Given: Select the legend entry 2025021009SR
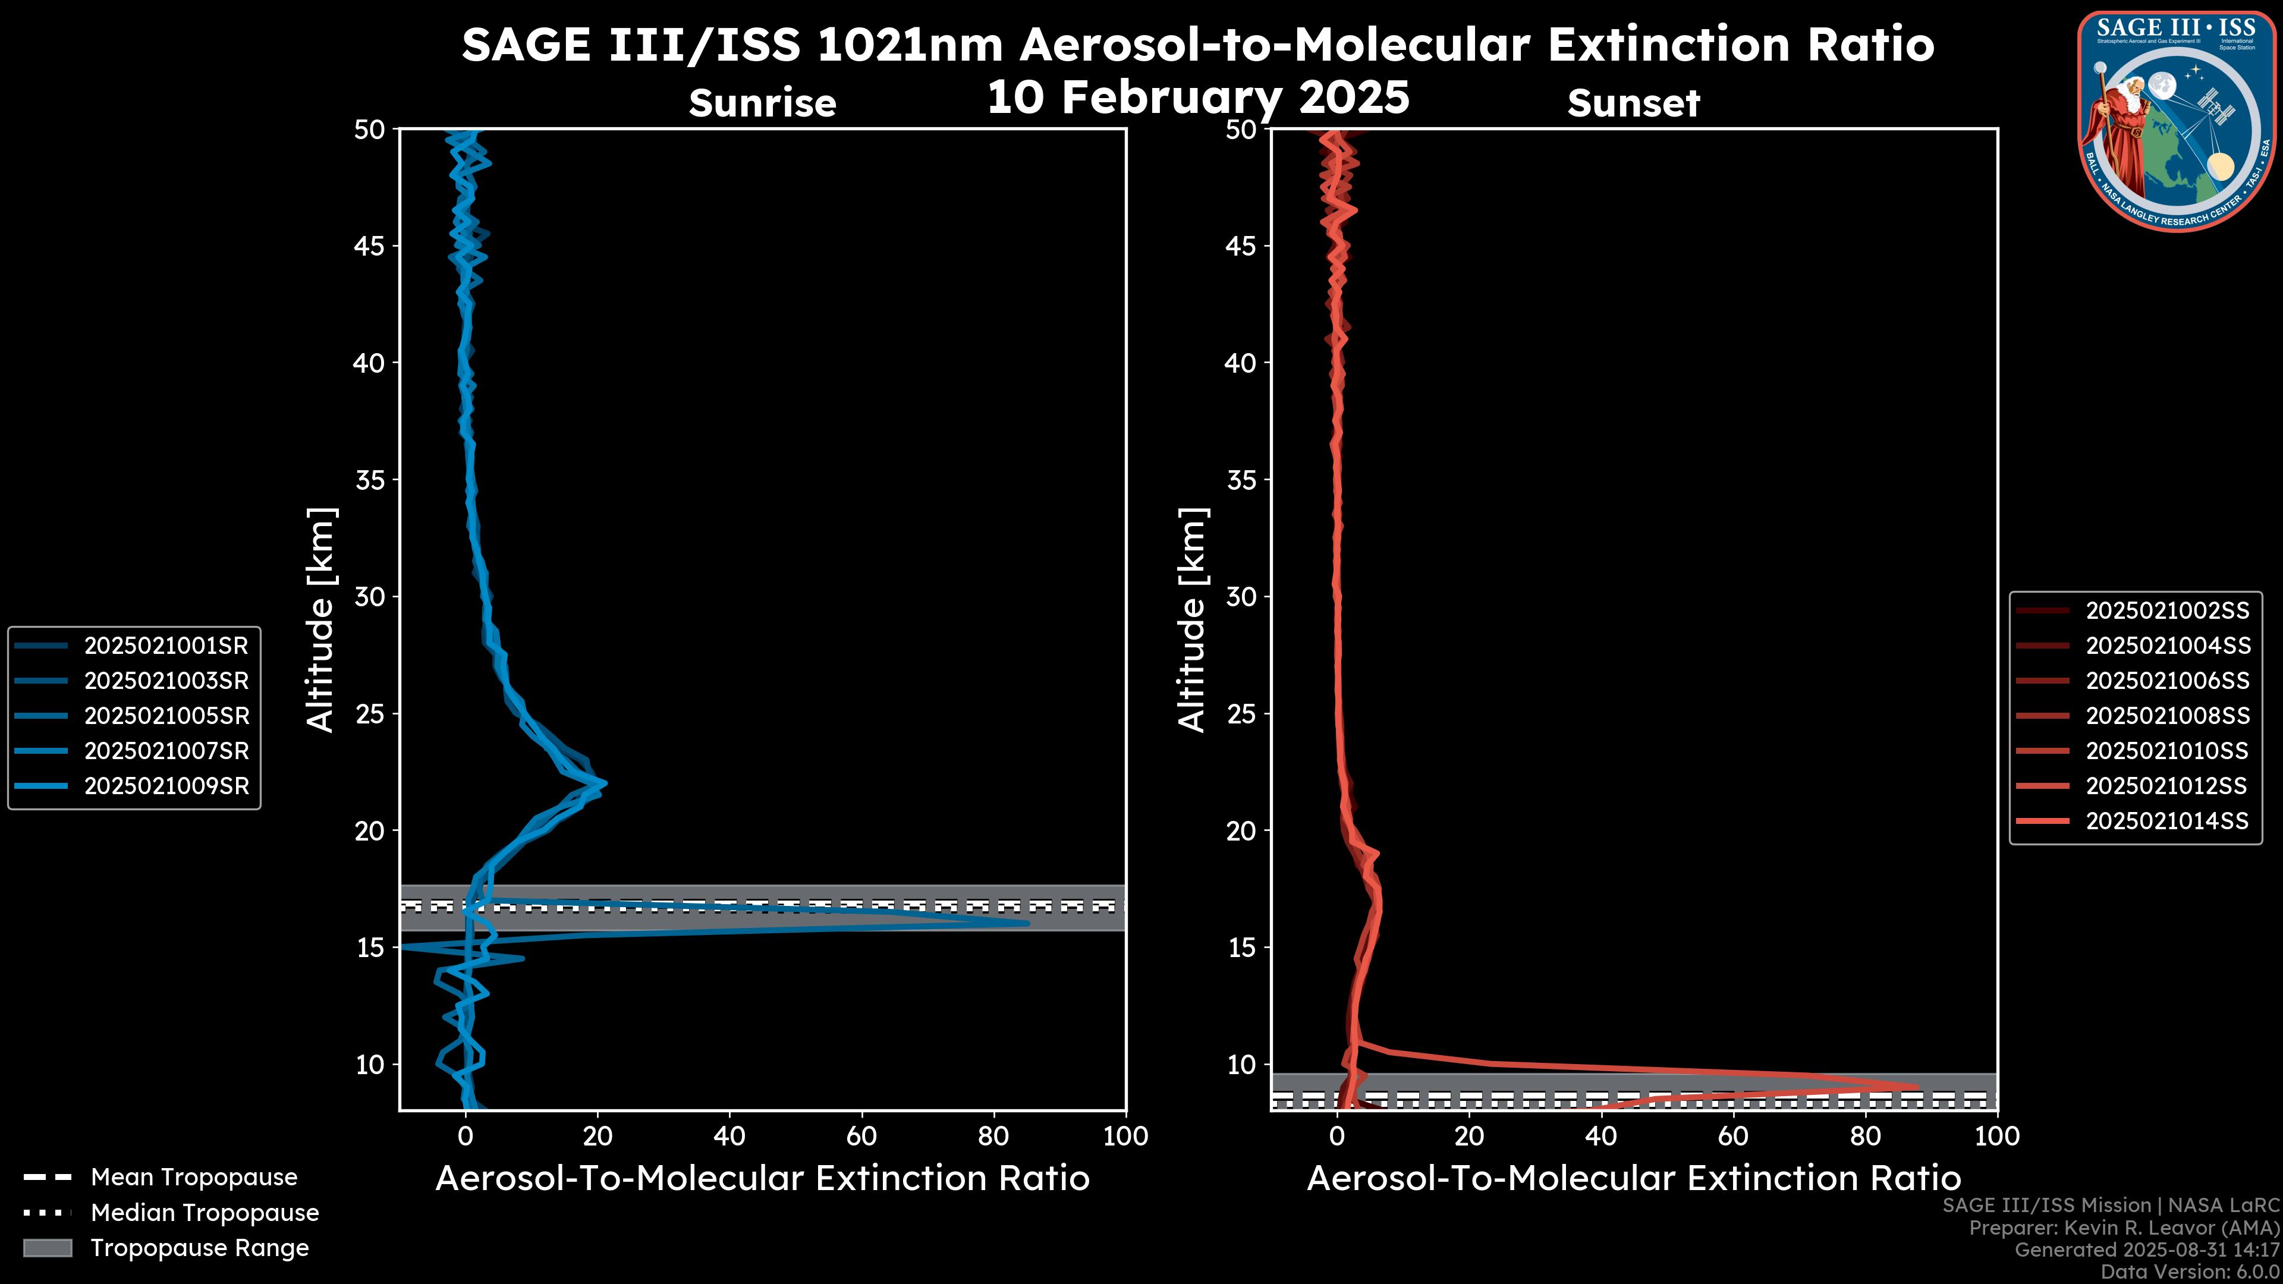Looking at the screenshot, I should point(166,786).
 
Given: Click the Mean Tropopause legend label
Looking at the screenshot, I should point(194,1178).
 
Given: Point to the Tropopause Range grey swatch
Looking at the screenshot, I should point(48,1248).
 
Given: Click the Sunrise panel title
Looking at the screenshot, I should point(762,103).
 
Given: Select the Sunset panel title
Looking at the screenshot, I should point(1633,103).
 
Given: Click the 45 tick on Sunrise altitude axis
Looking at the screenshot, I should point(370,246).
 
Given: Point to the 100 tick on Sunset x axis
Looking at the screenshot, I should point(1998,1136).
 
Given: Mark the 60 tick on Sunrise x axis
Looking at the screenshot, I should point(861,1136).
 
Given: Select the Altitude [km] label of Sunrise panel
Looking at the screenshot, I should point(321,619).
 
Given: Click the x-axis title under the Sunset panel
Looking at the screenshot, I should point(1633,1179).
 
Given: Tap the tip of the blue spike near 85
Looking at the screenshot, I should point(1027,923).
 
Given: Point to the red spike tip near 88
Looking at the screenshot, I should point(1917,1087).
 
